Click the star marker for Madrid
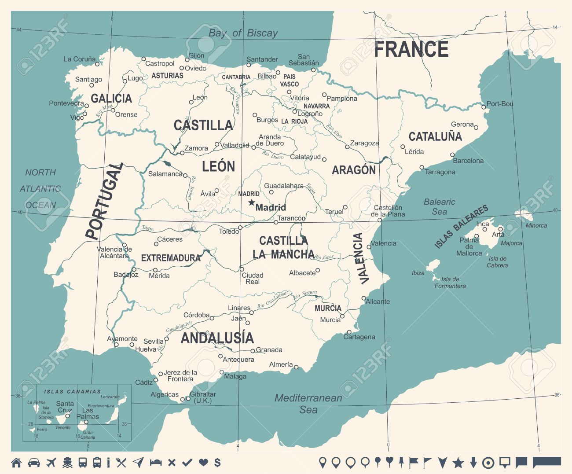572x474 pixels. coord(251,202)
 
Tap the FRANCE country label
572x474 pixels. coord(411,49)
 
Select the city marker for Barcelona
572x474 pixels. coord(452,155)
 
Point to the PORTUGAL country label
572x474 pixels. coord(104,201)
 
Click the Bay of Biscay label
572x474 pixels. coord(243,33)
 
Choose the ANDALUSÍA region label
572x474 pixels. coord(217,338)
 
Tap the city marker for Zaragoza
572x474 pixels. coord(347,147)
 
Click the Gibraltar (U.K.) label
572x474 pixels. coord(202,397)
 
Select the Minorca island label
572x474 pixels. coord(536,225)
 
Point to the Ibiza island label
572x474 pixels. coord(418,273)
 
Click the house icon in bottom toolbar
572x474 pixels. coord(16,463)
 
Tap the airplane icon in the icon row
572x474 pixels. coord(51,463)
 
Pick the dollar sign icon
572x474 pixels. coord(217,463)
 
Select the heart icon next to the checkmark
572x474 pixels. coord(203,463)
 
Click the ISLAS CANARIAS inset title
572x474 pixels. coord(73,391)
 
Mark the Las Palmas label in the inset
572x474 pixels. coord(88,413)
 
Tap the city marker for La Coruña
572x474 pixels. coord(98,64)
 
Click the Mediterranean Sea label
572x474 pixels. coord(308,404)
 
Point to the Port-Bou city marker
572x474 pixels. coord(483,107)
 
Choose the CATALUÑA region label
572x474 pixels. coord(435,137)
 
